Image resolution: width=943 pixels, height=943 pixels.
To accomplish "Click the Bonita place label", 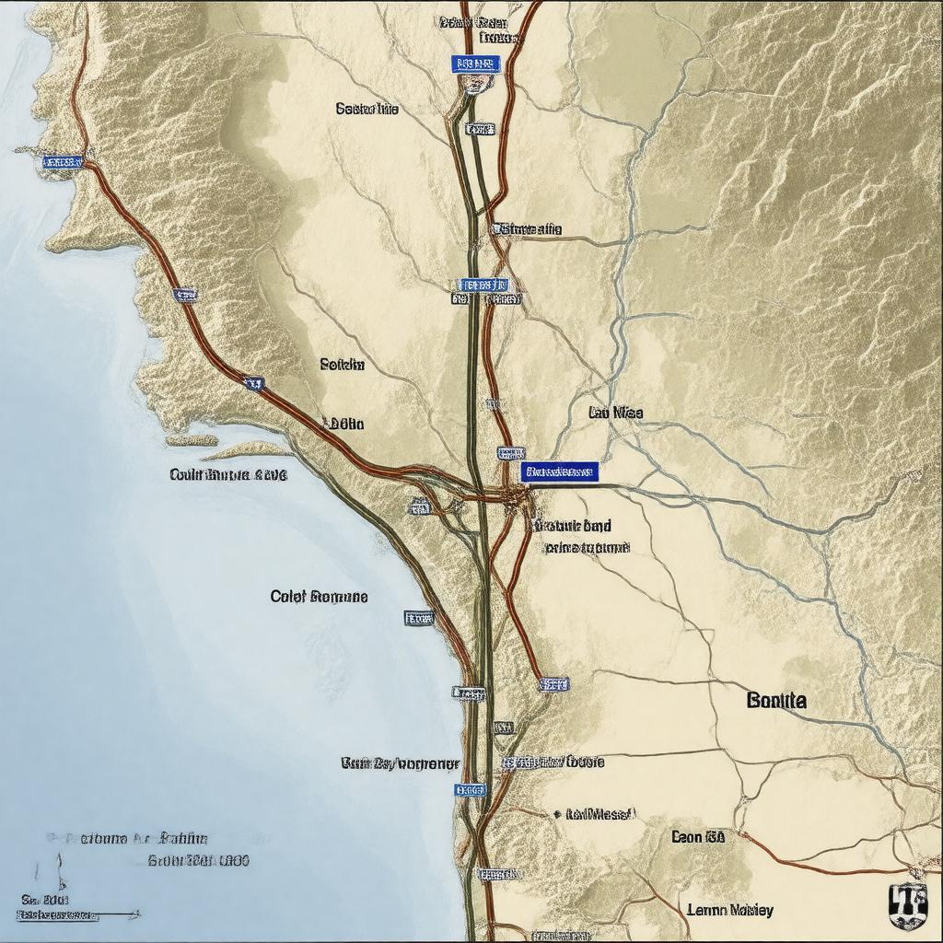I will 777,700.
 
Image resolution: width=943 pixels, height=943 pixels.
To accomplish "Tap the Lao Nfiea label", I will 615,413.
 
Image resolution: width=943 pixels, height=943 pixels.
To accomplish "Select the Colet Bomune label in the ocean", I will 320,597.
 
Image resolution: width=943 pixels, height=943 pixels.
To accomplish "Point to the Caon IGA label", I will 697,837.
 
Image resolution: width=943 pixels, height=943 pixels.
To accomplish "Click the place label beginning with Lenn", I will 730,910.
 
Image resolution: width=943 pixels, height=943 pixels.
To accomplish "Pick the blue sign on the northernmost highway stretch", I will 475,64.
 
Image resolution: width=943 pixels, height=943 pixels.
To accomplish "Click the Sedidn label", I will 342,365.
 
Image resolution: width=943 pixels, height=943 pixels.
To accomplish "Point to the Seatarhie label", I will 367,109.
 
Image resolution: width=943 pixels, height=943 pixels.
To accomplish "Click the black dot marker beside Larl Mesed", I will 557,815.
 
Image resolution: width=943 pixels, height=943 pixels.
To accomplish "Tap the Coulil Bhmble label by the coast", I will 228,475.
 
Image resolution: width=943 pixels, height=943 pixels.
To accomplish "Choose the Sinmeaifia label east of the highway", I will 529,228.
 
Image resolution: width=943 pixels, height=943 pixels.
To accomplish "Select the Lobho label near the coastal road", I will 344,424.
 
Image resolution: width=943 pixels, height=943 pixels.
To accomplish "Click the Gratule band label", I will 571,526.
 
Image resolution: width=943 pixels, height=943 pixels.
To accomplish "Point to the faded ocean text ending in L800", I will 198,861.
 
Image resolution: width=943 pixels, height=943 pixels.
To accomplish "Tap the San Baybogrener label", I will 401,763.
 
